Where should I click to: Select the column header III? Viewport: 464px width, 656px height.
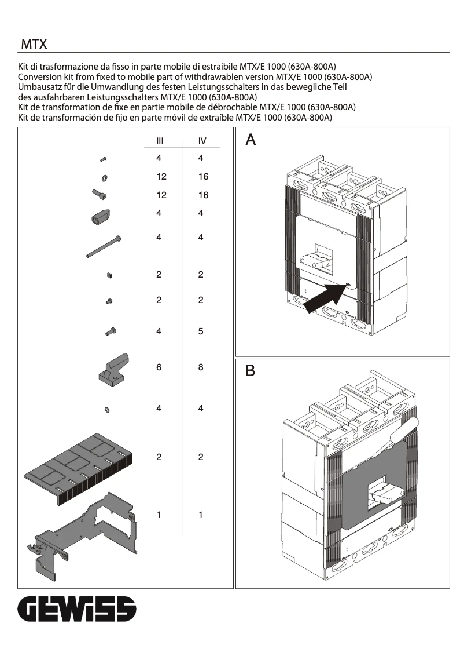(x=159, y=141)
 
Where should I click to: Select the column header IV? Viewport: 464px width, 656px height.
(x=201, y=141)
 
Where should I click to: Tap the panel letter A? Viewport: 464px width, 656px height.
(x=251, y=140)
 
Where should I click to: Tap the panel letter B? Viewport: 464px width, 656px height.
(x=250, y=371)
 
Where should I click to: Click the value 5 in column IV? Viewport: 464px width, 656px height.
(x=201, y=331)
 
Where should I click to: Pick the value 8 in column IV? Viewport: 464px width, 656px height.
(x=201, y=367)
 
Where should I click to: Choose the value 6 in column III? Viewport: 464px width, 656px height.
(x=159, y=367)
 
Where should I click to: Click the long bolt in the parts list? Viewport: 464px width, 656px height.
(x=104, y=246)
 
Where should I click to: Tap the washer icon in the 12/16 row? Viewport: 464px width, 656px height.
(x=104, y=177)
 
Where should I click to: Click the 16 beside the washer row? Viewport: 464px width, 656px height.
(x=203, y=177)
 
